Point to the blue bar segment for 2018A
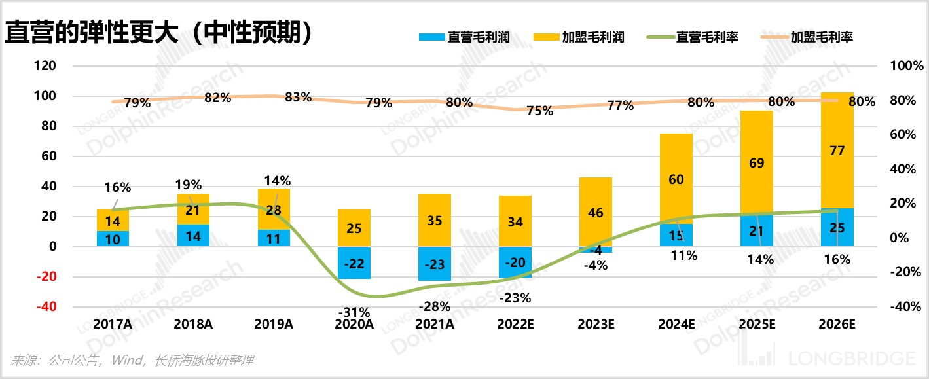(193, 236)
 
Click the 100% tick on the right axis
(907, 66)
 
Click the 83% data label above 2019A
(298, 98)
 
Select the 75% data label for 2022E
(539, 111)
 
